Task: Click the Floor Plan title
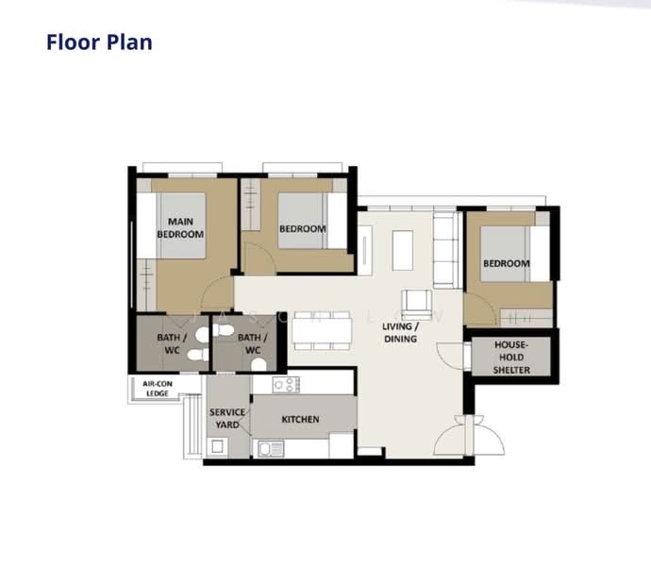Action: pyautogui.click(x=99, y=42)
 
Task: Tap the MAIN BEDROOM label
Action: pyautogui.click(x=180, y=227)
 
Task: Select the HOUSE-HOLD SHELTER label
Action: pyautogui.click(x=511, y=358)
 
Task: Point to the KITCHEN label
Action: pyautogui.click(x=300, y=420)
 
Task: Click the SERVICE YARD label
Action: pyautogui.click(x=227, y=419)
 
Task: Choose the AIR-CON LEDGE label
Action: pyautogui.click(x=158, y=389)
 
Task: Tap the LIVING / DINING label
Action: pyautogui.click(x=400, y=333)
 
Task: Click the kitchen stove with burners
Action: pyautogui.click(x=286, y=385)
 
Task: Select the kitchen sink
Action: pyautogui.click(x=271, y=449)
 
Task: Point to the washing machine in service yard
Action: pyautogui.click(x=217, y=447)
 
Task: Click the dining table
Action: pyautogui.click(x=322, y=330)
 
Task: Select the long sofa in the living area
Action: pyautogui.click(x=446, y=250)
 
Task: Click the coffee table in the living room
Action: pyautogui.click(x=403, y=250)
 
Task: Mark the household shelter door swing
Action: pyautogui.click(x=450, y=356)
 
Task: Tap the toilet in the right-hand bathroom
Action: pyautogui.click(x=259, y=365)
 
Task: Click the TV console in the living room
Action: pyautogui.click(x=365, y=250)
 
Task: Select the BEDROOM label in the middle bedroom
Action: pyautogui.click(x=302, y=229)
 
